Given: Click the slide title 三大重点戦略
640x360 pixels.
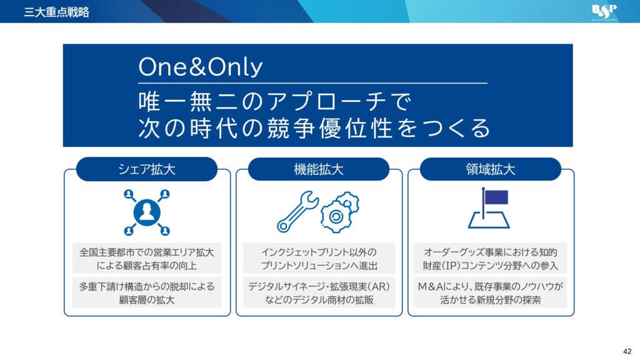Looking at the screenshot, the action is [56, 12].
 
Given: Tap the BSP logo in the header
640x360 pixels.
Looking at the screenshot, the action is [604, 12].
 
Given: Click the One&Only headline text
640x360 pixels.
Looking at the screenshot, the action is [201, 66].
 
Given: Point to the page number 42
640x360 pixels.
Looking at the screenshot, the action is [627, 351].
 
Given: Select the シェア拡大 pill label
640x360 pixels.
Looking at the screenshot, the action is [146, 169].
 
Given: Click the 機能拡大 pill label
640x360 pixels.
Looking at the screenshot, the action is [319, 169].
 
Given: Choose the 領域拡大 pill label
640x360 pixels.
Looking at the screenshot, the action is [491, 169].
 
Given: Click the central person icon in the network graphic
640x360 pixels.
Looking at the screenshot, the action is [147, 212].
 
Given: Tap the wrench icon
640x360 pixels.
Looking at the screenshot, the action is [297, 211].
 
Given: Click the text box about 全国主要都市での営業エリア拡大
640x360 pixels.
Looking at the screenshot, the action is [147, 258].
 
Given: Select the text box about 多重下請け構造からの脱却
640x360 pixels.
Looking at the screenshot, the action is [147, 292].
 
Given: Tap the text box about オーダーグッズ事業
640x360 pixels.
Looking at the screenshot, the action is [491, 258].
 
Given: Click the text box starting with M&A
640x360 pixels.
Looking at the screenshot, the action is [491, 292].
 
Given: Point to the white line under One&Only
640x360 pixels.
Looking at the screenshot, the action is [312, 83].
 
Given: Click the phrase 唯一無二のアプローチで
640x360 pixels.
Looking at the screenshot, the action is [275, 102].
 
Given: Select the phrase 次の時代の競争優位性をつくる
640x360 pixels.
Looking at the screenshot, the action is [314, 127].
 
